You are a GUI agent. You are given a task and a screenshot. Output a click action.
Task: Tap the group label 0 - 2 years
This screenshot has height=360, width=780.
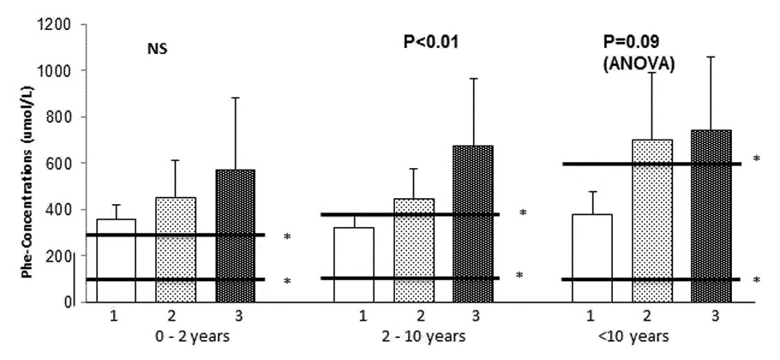[x=176, y=337]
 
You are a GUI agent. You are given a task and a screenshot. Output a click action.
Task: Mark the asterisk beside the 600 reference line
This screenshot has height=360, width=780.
[x=755, y=159]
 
